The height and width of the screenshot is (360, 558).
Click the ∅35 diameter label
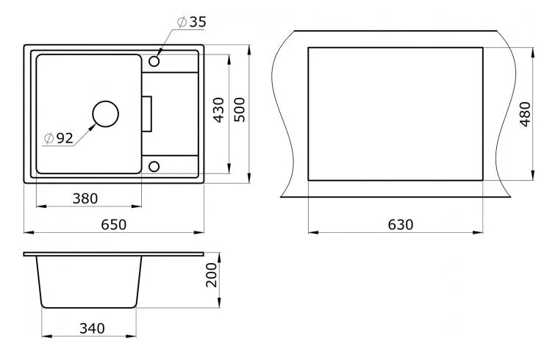click(x=191, y=22)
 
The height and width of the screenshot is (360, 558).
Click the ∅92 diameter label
click(x=58, y=137)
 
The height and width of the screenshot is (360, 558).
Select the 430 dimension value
click(x=218, y=109)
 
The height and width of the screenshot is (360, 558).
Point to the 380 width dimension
click(x=85, y=198)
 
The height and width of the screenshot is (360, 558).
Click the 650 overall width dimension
click(x=114, y=224)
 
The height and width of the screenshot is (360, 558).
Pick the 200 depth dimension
click(x=212, y=274)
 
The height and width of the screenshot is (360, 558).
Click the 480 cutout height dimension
click(x=523, y=114)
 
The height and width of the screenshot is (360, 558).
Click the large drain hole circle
click(x=105, y=114)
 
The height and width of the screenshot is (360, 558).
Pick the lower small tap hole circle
click(x=154, y=166)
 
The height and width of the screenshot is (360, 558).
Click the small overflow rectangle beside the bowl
click(x=147, y=113)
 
